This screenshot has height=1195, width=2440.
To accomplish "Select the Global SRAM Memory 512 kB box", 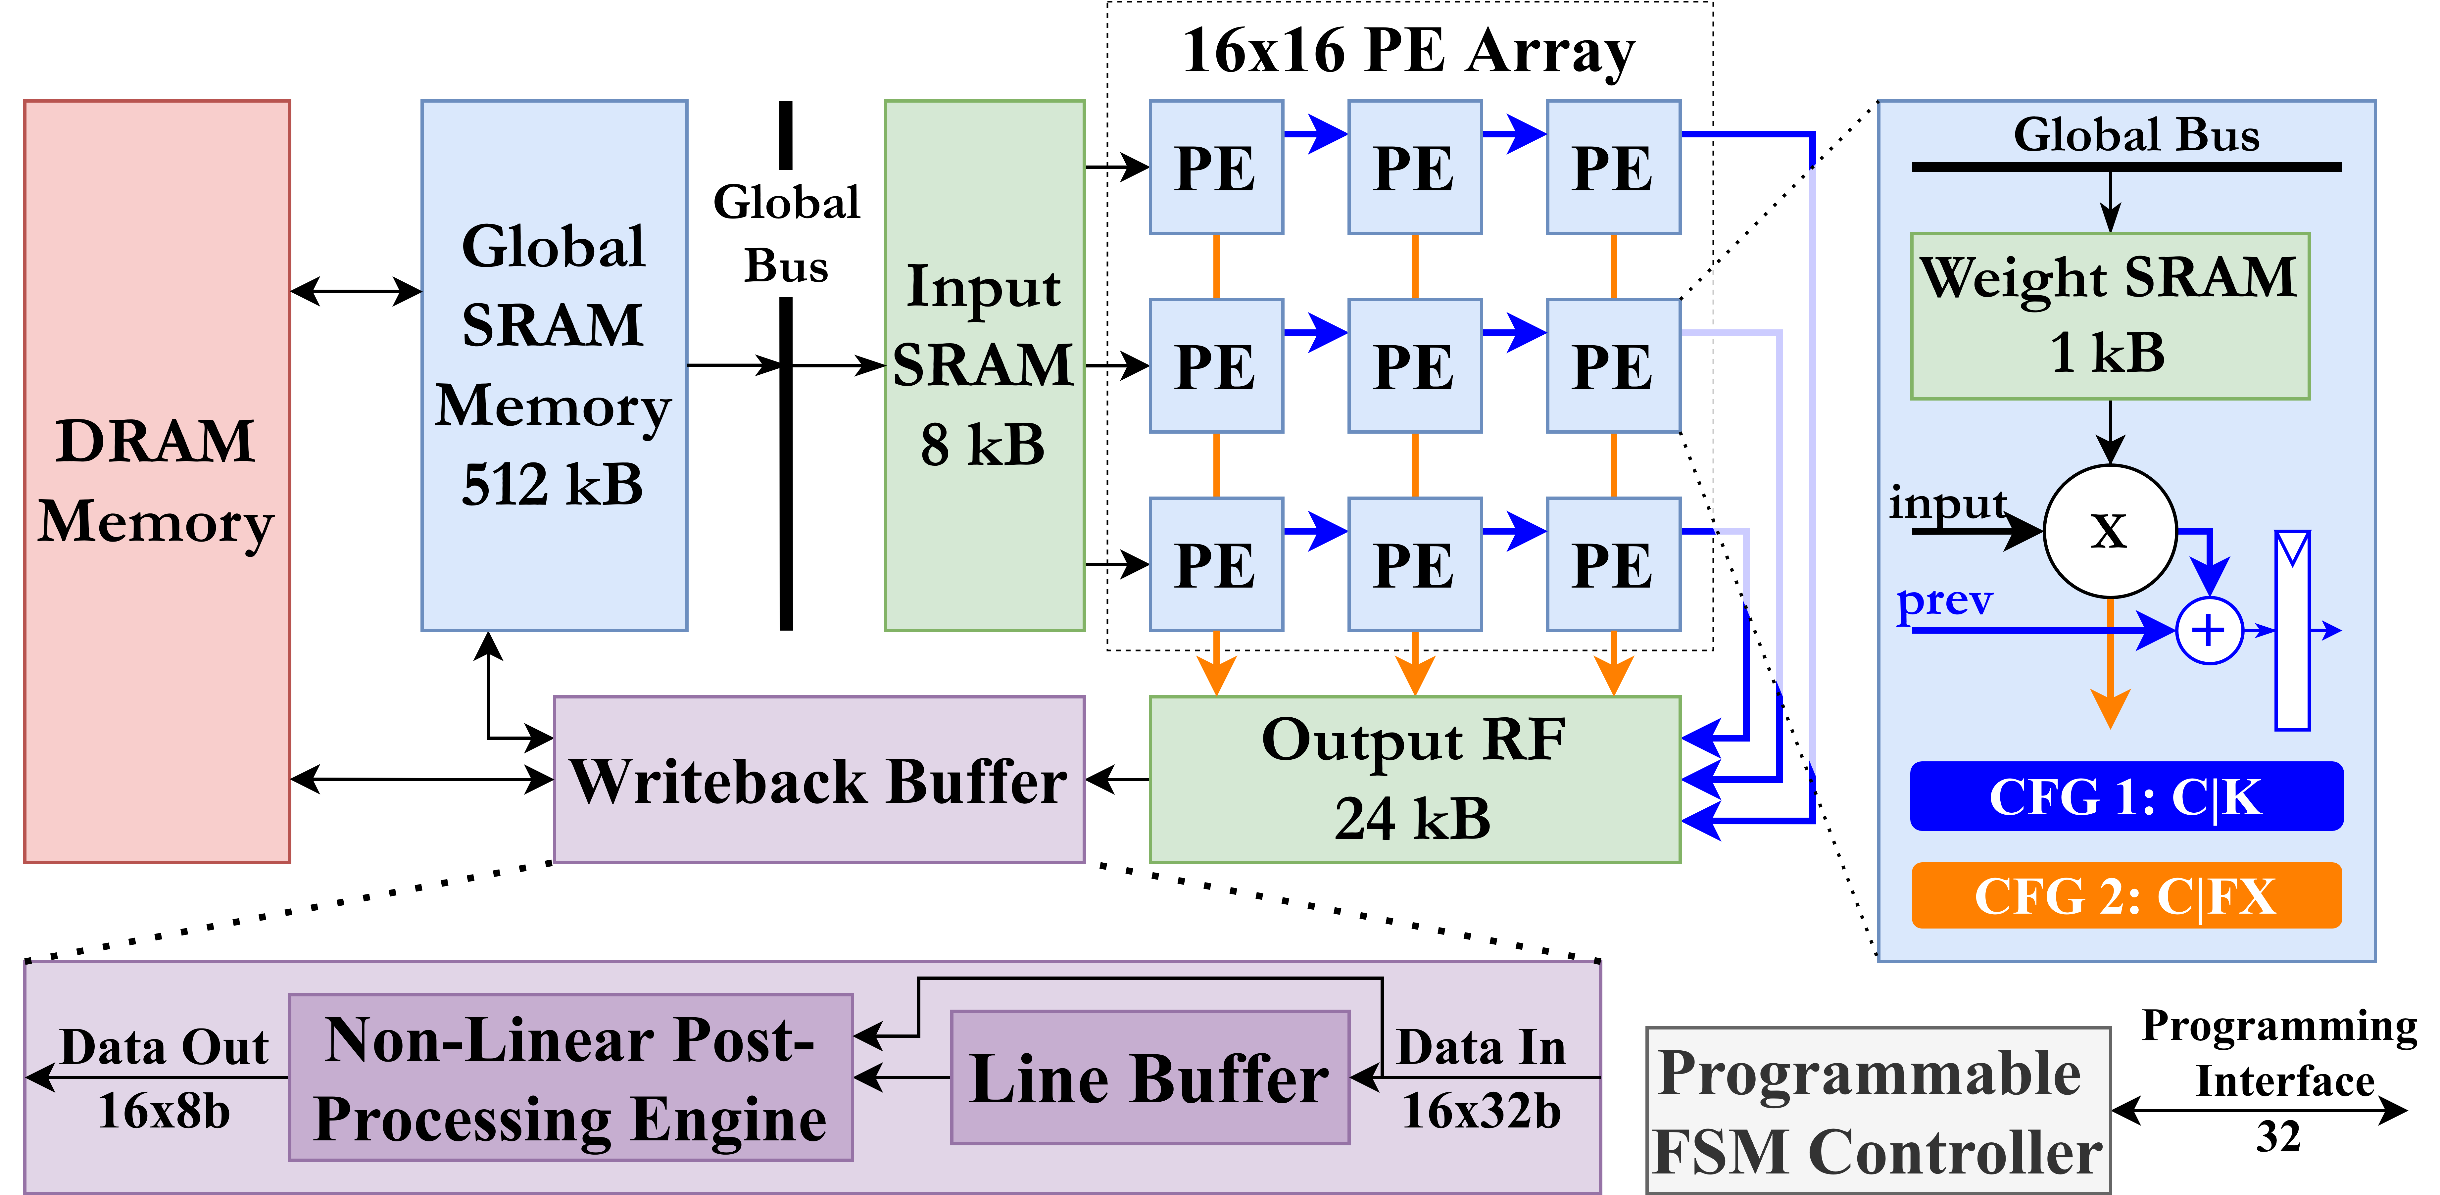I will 554,365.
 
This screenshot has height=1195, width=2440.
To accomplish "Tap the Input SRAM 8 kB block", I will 984,365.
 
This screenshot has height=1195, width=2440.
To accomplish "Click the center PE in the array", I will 1414,365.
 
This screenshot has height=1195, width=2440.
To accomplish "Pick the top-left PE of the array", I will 1216,167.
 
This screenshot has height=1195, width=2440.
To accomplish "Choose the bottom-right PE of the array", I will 1613,564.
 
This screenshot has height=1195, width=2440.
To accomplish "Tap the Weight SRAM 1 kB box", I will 2110,315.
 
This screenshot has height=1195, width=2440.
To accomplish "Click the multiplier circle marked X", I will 2110,531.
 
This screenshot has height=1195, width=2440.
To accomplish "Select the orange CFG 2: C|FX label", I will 2126,896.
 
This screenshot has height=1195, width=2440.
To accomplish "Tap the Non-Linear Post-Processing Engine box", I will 570,1077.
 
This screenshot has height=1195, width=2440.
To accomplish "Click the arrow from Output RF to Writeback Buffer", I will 1118,780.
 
